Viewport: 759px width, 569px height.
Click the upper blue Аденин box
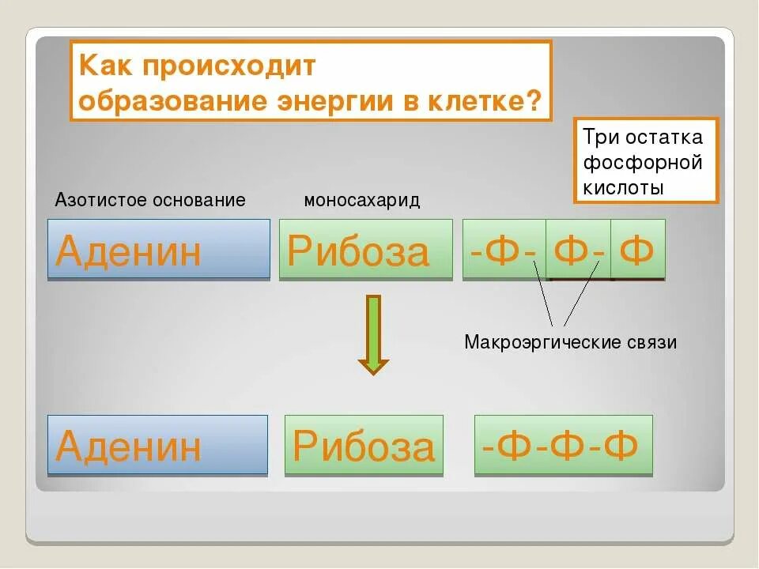(159, 249)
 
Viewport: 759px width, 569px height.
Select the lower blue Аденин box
(157, 445)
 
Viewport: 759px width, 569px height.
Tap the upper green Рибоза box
(365, 249)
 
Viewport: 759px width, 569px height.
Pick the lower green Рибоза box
(364, 445)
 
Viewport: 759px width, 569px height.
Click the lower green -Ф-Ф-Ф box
(563, 445)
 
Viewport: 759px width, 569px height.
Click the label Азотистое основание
(150, 200)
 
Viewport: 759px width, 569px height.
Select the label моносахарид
(362, 200)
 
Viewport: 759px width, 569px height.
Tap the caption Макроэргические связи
(571, 343)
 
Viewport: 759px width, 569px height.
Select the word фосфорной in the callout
(643, 163)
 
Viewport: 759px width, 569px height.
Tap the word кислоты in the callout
(623, 188)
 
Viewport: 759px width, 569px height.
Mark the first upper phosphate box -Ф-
(504, 249)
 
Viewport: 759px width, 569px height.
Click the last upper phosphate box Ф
(638, 249)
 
